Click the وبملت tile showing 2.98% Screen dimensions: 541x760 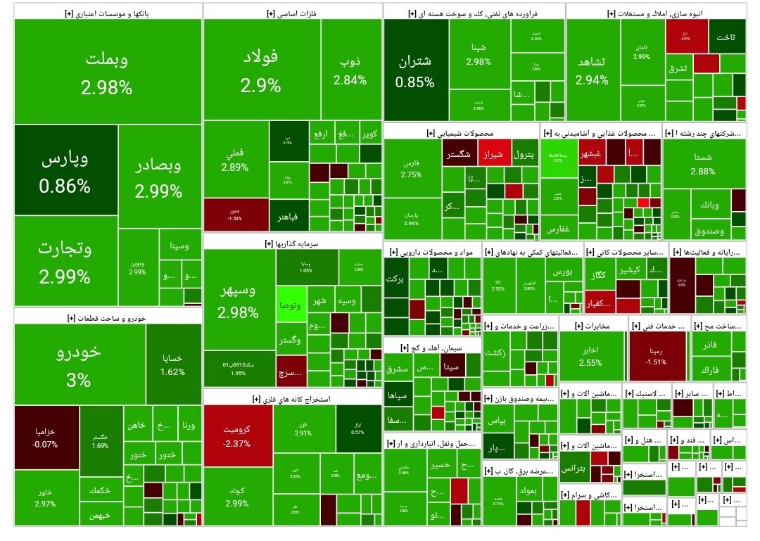(x=107, y=72)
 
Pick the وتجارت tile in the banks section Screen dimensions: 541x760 (x=65, y=260)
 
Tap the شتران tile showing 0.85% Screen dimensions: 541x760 (x=415, y=70)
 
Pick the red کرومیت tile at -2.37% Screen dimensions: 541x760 (x=237, y=435)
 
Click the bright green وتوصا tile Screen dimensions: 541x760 (x=291, y=305)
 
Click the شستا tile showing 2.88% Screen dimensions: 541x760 (x=703, y=163)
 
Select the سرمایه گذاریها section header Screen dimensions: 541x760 (x=292, y=243)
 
